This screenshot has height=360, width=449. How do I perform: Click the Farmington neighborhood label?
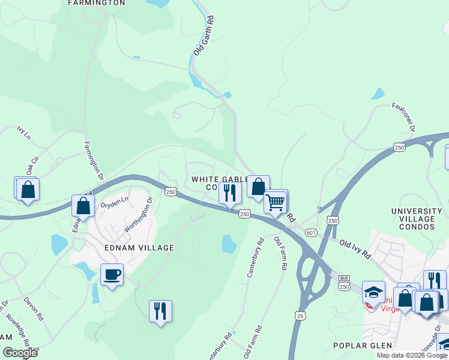97,3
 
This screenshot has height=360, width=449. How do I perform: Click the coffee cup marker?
112,275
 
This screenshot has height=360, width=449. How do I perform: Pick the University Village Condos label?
421,219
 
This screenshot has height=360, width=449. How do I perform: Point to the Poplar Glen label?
363,346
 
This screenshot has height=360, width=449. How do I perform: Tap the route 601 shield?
310,232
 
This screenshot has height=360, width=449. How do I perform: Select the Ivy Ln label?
23,131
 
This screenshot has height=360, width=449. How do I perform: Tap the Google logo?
20,353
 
